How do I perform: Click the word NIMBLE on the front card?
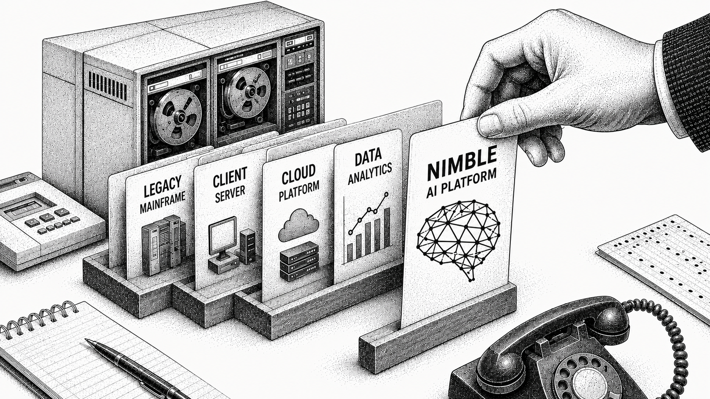click(x=462, y=166)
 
